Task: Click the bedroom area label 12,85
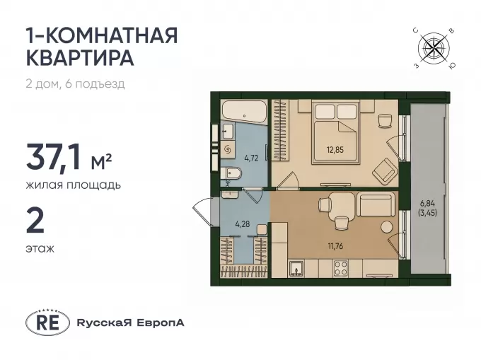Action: point(335,150)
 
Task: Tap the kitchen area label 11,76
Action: point(335,246)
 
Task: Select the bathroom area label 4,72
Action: point(251,158)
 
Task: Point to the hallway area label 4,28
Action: point(243,223)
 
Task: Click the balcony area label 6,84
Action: point(427,203)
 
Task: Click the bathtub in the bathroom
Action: point(244,112)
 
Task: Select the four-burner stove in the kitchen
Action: point(340,268)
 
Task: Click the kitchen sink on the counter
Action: point(296,269)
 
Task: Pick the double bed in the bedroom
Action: point(335,132)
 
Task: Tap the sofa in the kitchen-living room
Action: point(376,204)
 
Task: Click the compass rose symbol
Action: point(434,47)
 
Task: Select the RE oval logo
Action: point(47,323)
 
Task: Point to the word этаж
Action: point(40,248)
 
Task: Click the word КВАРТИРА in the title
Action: point(80,58)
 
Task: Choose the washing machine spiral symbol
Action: point(228,149)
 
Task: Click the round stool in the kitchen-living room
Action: point(386,227)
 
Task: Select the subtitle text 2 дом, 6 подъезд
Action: point(76,83)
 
